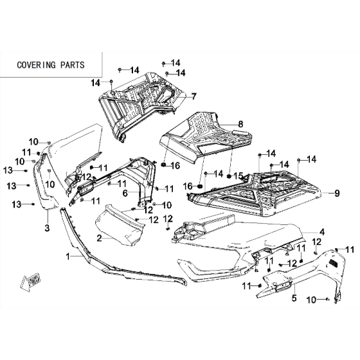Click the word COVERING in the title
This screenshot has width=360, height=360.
[36, 65]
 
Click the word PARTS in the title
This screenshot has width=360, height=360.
[72, 65]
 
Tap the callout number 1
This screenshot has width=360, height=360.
[67, 256]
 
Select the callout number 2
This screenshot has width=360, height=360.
[99, 238]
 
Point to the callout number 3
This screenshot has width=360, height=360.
[47, 228]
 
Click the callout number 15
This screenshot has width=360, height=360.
[238, 176]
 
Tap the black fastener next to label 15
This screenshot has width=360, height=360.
[229, 176]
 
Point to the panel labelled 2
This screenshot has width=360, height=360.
[120, 226]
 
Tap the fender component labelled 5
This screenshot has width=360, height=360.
[305, 276]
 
